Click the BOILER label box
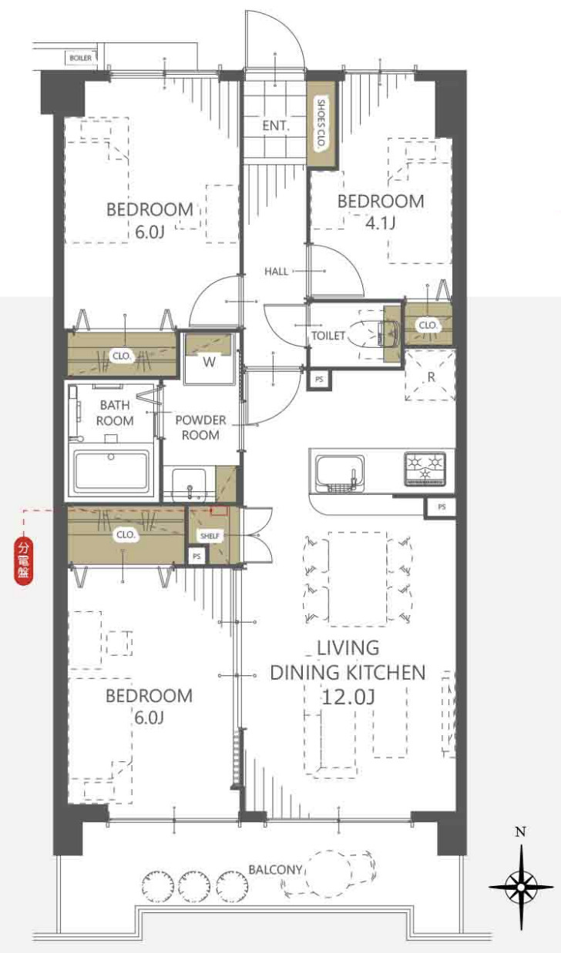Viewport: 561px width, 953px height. pos(80,58)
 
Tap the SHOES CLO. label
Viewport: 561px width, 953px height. pos(321,123)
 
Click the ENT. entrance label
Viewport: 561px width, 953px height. pos(276,125)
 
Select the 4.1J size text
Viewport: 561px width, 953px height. pos(381,223)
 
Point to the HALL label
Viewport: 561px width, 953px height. pos(276,271)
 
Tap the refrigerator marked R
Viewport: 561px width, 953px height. pos(430,375)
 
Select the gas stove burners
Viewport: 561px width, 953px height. pos(425,468)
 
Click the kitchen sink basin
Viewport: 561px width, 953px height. pos(340,473)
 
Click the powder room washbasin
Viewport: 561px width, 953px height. pos(189,484)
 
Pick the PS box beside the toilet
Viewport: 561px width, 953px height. pos(319,380)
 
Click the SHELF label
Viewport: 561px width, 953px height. pos(210,536)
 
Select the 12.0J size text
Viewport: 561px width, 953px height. pos(348,697)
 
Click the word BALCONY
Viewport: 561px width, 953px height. pos(275,870)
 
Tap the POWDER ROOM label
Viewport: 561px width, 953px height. pos(200,427)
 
